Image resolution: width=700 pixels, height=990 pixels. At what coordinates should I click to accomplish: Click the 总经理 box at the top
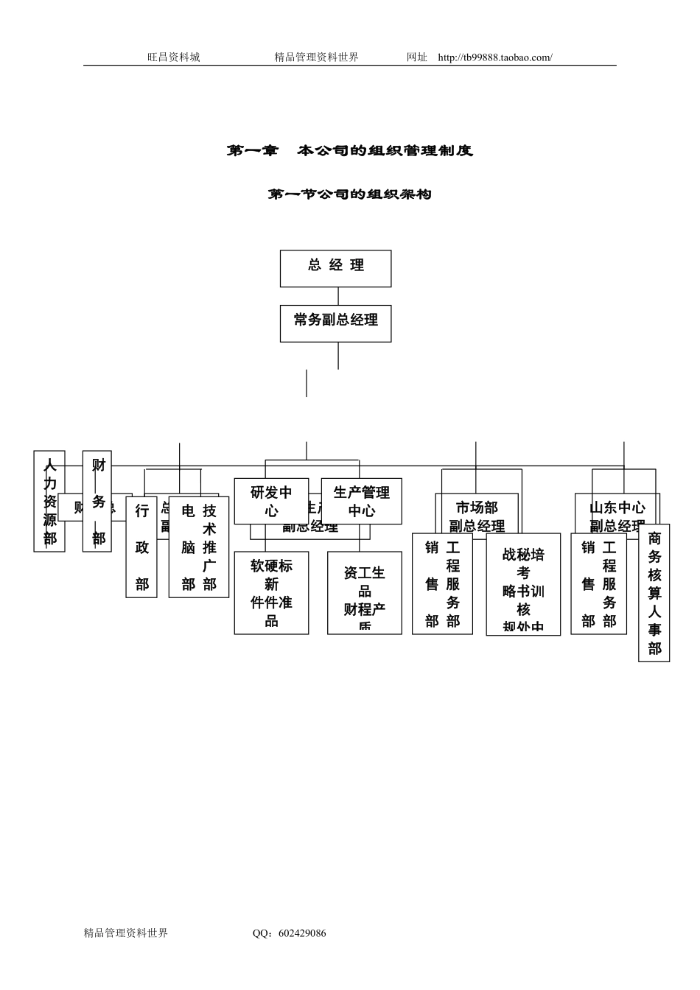coord(335,268)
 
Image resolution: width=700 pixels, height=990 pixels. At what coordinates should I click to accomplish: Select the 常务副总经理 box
coord(335,323)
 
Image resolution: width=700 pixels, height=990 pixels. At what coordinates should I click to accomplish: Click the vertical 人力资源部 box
coord(49,501)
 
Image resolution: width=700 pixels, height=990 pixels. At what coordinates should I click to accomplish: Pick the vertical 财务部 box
coord(98,501)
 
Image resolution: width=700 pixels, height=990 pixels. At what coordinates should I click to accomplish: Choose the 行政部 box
coord(141,547)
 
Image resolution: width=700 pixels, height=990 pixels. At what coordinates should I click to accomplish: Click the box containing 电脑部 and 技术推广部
coord(199,547)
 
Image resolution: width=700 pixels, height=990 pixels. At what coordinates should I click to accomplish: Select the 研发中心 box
coord(271,501)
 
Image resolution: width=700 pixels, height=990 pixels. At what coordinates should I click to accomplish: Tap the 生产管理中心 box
coord(361,501)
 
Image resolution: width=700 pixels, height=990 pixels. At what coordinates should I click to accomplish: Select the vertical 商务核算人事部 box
coord(654,593)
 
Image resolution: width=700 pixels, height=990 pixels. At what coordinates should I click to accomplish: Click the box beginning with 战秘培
coord(523,583)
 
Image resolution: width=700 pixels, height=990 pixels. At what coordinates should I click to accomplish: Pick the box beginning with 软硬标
coord(271,592)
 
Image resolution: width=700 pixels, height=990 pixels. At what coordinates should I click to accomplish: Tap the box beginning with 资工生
coord(364,592)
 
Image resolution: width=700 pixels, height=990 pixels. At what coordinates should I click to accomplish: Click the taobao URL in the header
coord(494,57)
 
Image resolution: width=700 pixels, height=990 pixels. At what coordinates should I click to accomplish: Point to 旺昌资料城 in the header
coord(173,57)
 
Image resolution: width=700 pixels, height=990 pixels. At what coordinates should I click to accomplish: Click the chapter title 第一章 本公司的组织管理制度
coord(349,151)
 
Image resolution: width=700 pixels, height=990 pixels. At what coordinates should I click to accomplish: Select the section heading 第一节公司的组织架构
coord(349,194)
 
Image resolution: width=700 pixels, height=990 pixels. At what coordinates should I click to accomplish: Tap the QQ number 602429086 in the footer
coord(299,933)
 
